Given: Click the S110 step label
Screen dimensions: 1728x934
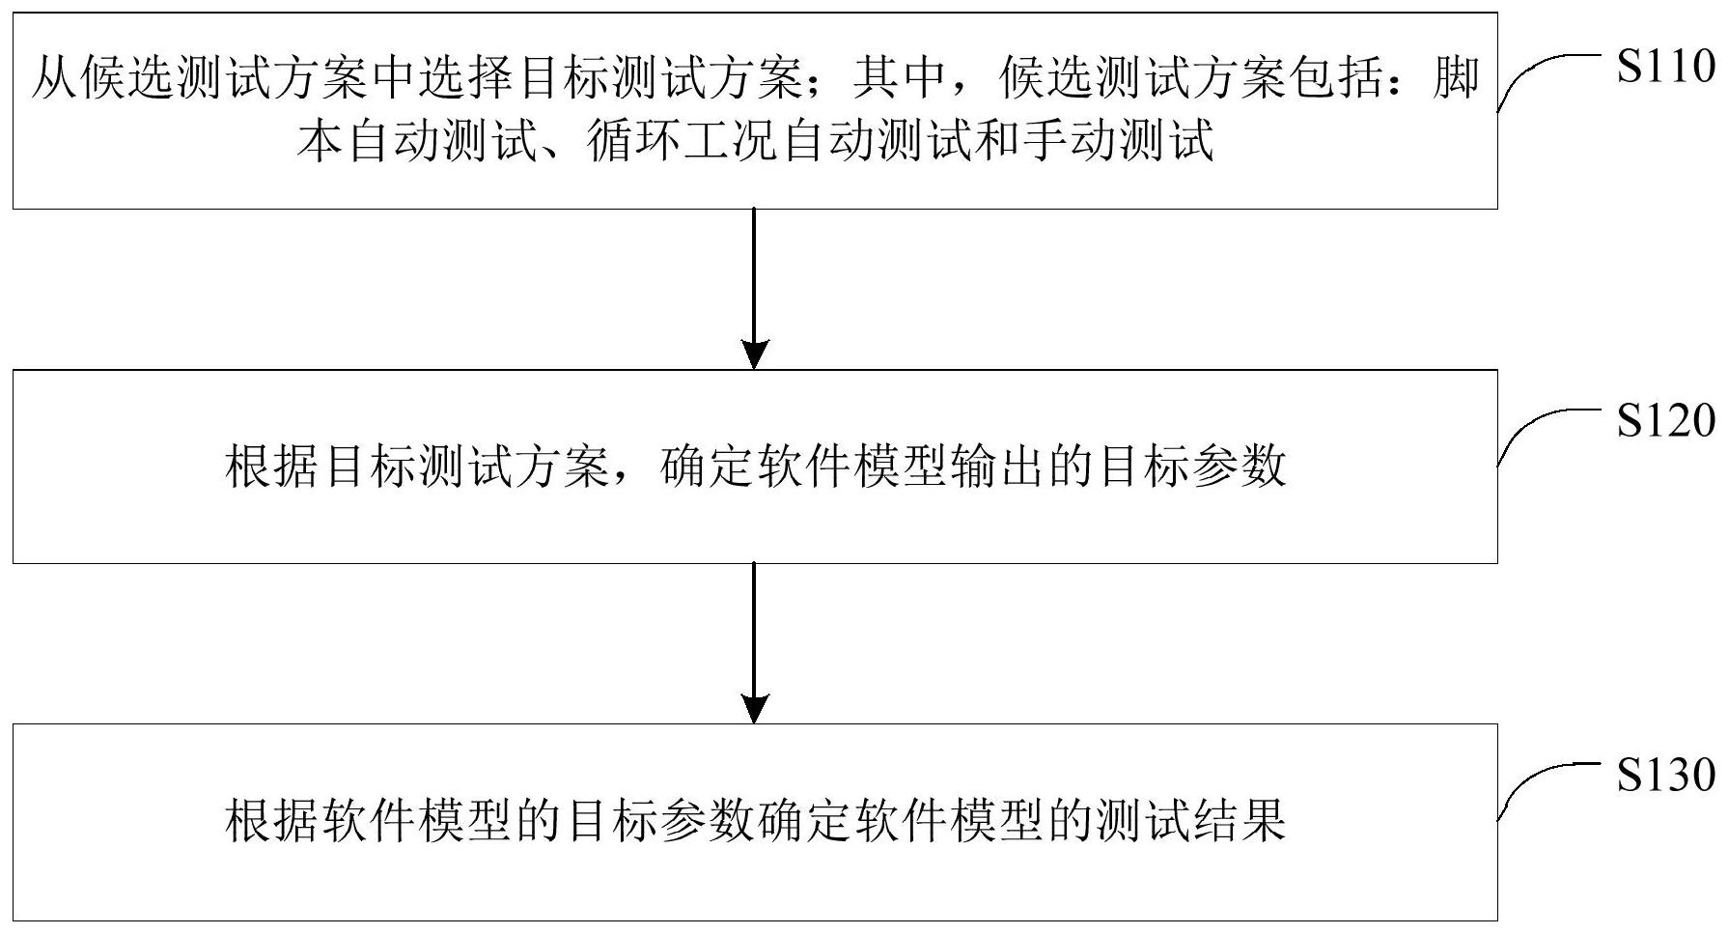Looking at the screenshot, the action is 1666,68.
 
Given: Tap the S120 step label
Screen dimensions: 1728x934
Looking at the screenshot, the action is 1666,421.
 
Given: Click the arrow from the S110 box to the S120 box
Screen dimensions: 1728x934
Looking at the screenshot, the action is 753,289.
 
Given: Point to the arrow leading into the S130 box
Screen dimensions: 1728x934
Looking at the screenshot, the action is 753,643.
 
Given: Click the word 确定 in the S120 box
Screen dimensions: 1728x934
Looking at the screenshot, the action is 707,467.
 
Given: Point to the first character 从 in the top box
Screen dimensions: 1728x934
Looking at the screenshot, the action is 54,77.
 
